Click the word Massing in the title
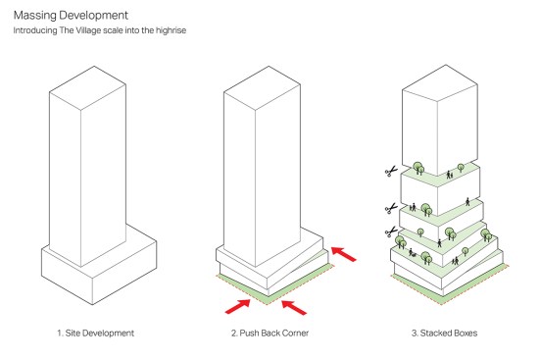point(34,16)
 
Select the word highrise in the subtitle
point(171,30)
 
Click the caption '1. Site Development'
point(95,334)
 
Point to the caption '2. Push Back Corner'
point(270,334)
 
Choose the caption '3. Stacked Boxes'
point(444,334)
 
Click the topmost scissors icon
point(391,171)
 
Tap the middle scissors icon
point(391,208)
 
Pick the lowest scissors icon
point(391,231)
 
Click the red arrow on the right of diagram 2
point(344,254)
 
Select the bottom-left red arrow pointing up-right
point(237,306)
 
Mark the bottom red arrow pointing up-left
point(294,307)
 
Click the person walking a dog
point(412,253)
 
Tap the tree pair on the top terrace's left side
point(418,168)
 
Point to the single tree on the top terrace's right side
point(461,168)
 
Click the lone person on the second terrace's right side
point(467,201)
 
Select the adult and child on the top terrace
point(450,175)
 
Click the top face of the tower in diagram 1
point(87,88)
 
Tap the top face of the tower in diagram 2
point(262,88)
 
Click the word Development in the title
point(93,16)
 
